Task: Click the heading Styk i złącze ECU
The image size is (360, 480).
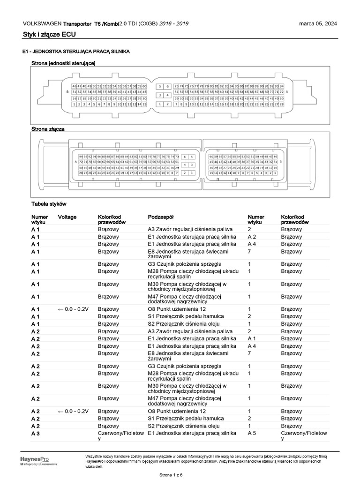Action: pos(49,34)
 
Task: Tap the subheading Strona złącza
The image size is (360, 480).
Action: pos(48,128)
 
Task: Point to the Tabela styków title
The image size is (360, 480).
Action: pos(49,204)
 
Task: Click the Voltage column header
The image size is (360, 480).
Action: pos(67,217)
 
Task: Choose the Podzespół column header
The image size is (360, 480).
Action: pos(161,217)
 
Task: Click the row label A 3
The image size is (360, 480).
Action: pos(36,434)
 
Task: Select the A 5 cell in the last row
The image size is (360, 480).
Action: pos(252,434)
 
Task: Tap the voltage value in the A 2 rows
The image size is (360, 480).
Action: pos(73,411)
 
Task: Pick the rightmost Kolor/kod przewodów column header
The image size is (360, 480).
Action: pos(295,220)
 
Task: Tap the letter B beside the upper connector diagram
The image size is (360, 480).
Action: pos(67,92)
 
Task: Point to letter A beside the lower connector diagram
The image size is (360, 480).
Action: pos(75,162)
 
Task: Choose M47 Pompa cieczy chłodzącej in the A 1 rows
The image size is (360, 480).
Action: pos(184,299)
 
